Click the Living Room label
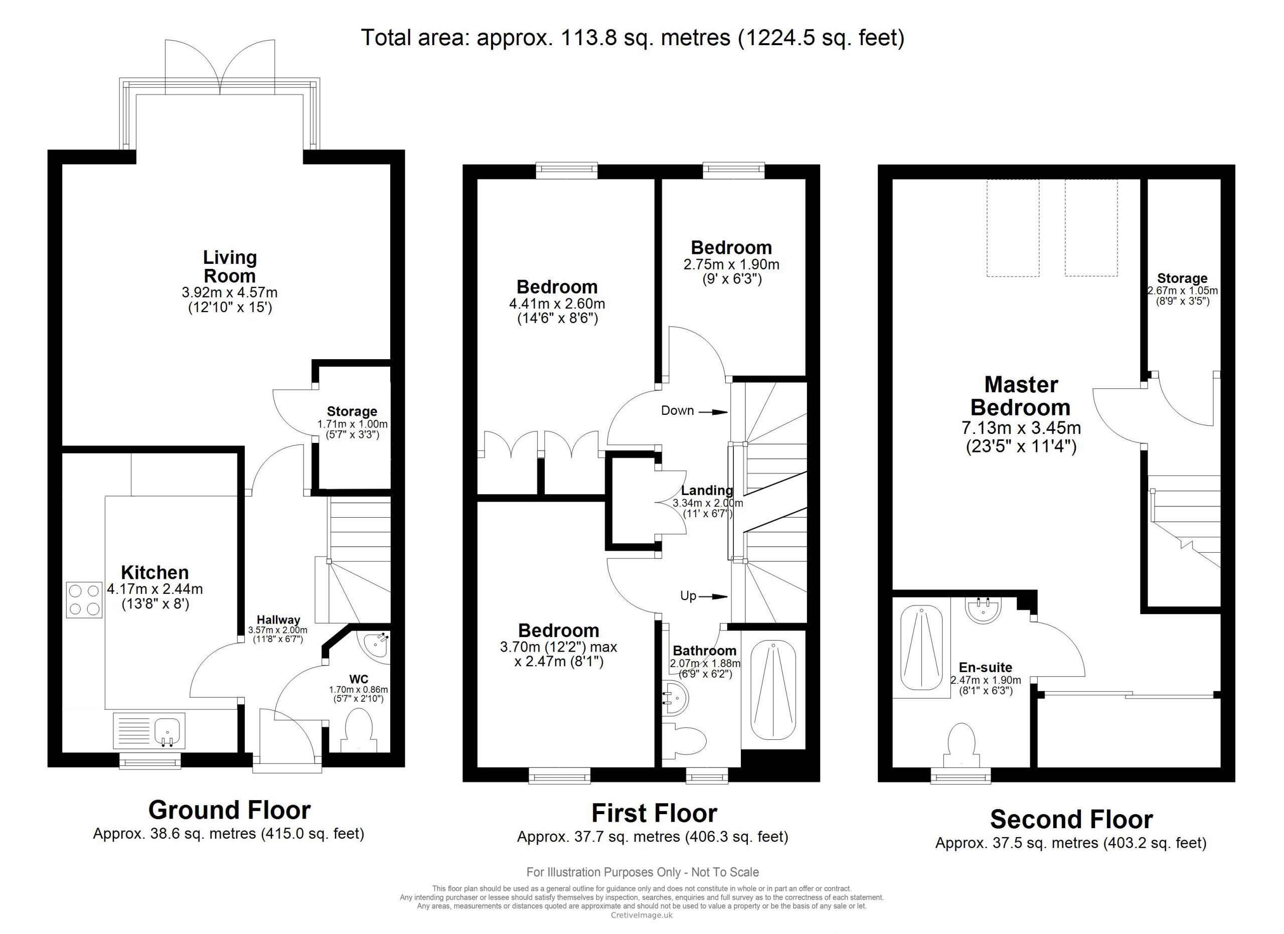click(230, 267)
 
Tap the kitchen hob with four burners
click(84, 600)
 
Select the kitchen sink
click(149, 731)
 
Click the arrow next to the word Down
click(713, 412)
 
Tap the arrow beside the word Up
click(713, 596)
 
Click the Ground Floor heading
click(229, 810)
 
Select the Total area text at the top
click(633, 38)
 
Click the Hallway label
click(278, 620)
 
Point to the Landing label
click(707, 490)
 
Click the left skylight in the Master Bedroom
click(1013, 228)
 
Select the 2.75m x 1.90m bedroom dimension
click(731, 264)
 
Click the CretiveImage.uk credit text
click(641, 915)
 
